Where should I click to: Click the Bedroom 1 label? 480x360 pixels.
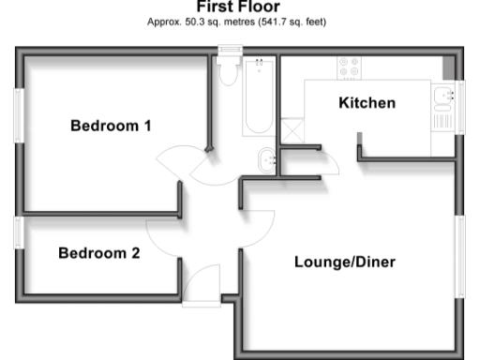111,126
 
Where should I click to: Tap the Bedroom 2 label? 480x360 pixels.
98,253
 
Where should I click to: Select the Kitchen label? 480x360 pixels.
367,103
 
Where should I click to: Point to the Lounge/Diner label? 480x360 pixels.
344,262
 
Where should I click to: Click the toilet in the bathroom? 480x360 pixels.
227,72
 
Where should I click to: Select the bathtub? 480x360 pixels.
259,97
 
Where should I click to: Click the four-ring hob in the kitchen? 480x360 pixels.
349,67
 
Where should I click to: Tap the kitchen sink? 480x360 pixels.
441,102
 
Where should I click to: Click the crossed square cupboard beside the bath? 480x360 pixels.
292,128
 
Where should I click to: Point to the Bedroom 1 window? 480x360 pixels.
18,116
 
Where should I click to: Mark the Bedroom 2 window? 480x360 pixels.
18,231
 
